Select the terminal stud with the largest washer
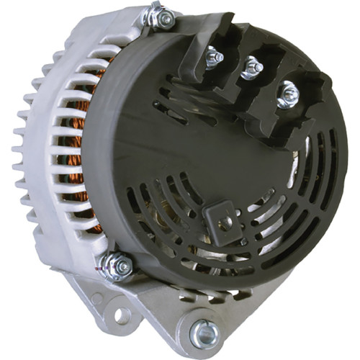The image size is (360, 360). pos(287,94)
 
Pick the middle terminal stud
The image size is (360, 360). pos(251,68)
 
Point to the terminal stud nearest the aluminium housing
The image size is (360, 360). pos(214,58)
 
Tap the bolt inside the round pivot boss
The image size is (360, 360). pos(204,332)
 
